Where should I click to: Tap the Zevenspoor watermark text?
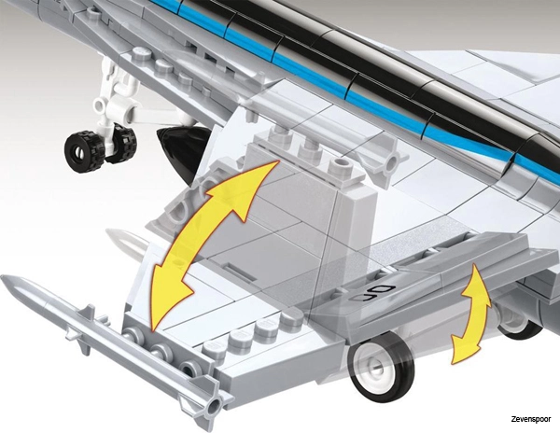point(530,419)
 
